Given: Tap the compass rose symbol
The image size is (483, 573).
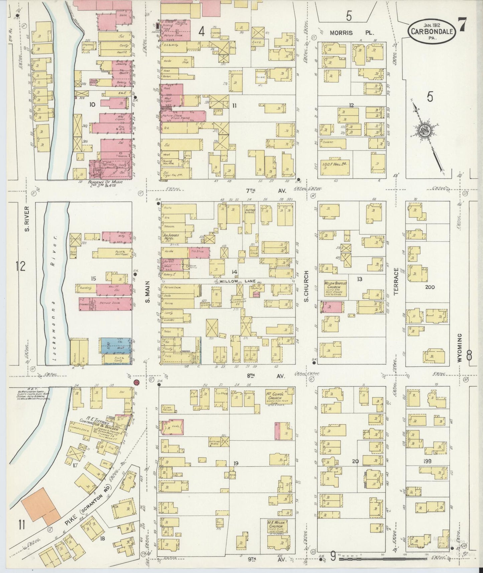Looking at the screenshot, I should point(424,130).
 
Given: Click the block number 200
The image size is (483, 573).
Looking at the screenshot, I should point(430,287).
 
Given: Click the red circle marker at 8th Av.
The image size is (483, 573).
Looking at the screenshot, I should point(136,382).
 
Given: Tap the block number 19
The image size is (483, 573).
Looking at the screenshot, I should point(236,463).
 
